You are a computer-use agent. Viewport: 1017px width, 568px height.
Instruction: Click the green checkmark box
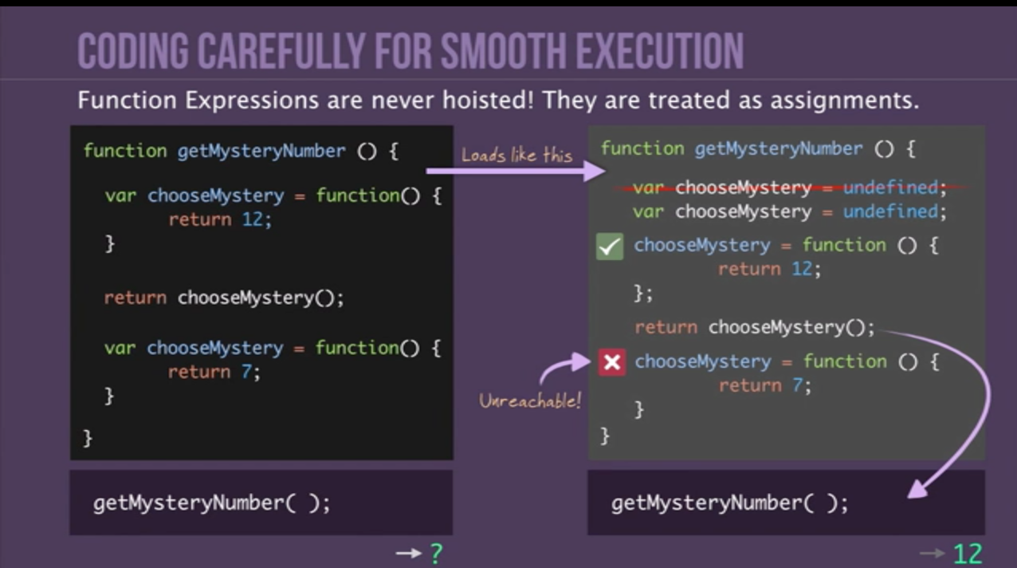(x=609, y=247)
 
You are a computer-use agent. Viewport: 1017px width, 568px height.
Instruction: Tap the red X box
(x=612, y=362)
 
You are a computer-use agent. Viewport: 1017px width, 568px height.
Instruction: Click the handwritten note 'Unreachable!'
(x=530, y=400)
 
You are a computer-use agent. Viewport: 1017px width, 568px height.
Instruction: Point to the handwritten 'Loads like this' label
(x=516, y=155)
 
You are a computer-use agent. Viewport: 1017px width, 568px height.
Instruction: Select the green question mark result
(x=436, y=554)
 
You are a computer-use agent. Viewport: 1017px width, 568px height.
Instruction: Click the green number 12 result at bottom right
(x=968, y=554)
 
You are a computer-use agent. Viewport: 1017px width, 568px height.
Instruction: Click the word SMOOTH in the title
(x=504, y=51)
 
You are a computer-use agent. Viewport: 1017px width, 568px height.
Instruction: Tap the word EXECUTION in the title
(x=660, y=51)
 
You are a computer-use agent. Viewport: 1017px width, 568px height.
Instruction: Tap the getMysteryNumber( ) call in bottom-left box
(x=211, y=503)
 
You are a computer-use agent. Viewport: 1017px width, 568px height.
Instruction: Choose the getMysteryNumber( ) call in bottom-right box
(x=729, y=503)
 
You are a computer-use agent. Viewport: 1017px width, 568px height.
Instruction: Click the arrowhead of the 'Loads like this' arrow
(x=595, y=171)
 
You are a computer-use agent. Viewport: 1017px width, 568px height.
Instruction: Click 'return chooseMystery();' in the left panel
(x=224, y=298)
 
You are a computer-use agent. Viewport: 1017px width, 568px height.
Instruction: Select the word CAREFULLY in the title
(x=282, y=51)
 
